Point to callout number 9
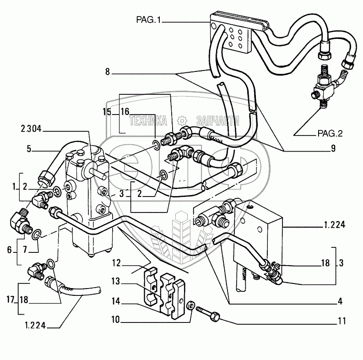(333, 148)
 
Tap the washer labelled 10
(190, 304)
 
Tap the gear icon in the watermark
(182, 120)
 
